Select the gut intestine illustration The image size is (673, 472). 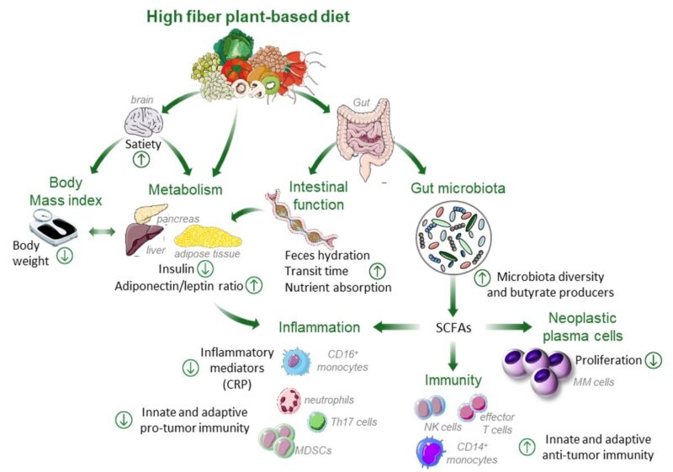point(363,135)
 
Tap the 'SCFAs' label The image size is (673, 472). point(453,326)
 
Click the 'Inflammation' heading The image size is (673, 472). point(321,326)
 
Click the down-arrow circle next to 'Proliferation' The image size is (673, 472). point(654,361)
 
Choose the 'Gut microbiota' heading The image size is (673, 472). point(459,188)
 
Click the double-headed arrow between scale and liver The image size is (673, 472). point(101,232)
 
